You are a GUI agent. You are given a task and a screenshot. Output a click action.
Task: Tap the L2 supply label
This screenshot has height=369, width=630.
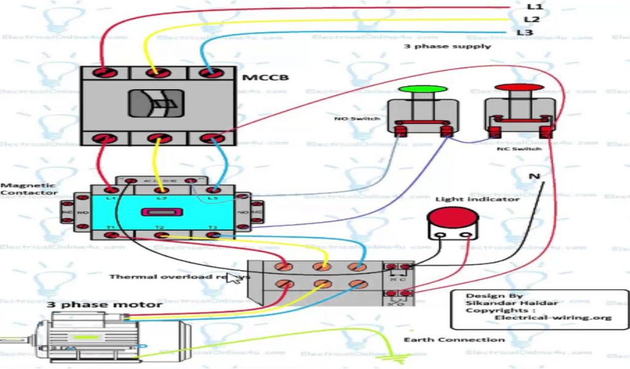point(533,20)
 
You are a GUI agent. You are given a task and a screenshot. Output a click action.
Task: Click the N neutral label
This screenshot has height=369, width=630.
point(535,177)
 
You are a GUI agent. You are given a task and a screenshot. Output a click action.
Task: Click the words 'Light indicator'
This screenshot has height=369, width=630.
point(468,199)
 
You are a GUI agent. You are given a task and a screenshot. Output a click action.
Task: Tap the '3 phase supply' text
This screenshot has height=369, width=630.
point(447,46)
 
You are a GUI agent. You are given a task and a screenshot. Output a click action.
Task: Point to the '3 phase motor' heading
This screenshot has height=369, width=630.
point(105,304)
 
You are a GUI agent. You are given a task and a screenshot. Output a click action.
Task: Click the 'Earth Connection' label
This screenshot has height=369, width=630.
point(454,339)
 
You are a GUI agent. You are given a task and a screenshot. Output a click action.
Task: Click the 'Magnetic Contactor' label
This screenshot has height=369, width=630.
point(28,189)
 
